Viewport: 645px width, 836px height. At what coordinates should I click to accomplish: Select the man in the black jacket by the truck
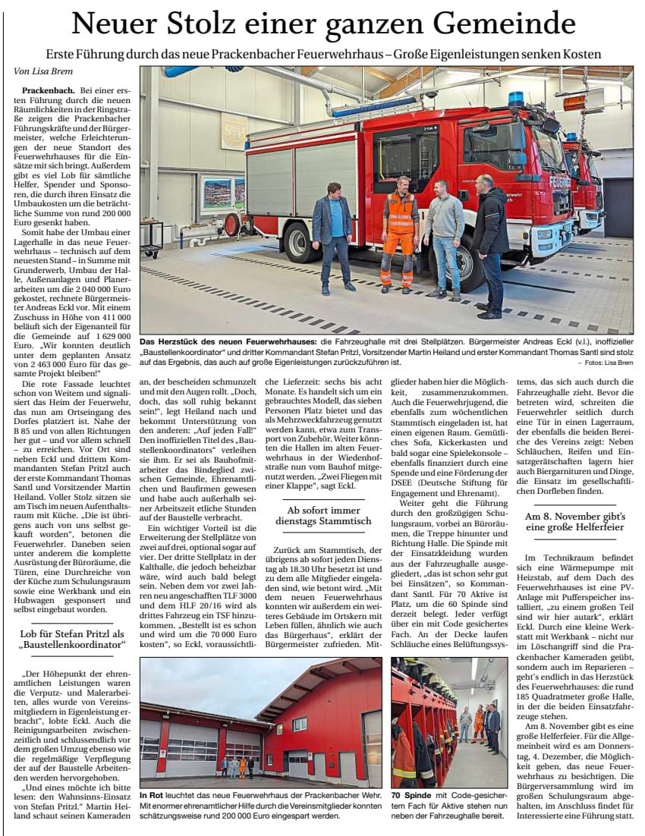(x=491, y=243)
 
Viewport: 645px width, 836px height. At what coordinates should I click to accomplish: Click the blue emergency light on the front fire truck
(x=516, y=99)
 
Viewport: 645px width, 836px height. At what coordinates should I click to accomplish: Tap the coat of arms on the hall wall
(x=234, y=130)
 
